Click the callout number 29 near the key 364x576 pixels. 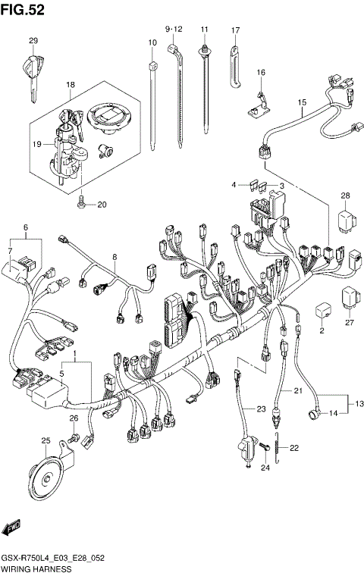(33, 40)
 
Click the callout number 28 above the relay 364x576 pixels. (346, 196)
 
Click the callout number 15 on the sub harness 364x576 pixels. (301, 102)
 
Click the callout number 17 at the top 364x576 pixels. (236, 30)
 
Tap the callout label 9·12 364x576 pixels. (174, 28)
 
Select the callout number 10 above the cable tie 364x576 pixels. (152, 43)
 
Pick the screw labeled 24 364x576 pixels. (265, 450)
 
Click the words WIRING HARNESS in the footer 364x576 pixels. (36, 568)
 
